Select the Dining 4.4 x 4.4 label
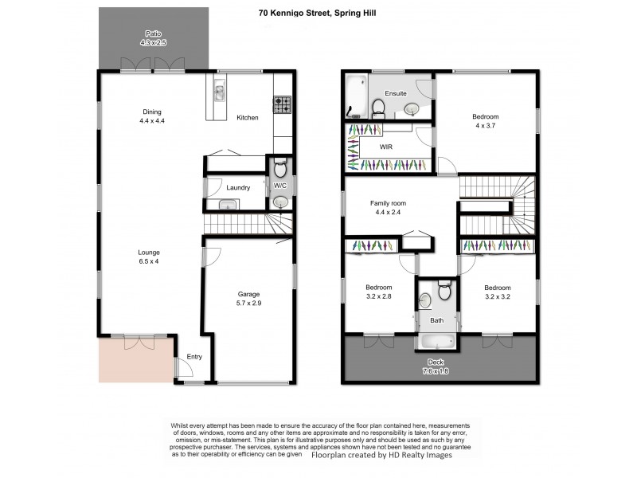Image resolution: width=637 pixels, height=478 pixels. (151, 116)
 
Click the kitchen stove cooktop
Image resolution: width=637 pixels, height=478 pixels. (283, 102)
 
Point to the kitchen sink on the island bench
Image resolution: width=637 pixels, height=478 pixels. (218, 95)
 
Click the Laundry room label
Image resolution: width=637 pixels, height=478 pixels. (238, 188)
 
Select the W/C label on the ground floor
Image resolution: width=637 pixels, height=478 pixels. (279, 186)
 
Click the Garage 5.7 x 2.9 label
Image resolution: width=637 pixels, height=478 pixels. (248, 298)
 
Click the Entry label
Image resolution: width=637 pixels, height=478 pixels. (193, 357)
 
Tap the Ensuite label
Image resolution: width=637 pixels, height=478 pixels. (396, 94)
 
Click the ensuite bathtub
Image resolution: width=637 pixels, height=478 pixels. (354, 96)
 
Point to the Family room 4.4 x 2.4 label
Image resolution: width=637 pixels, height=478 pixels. (388, 208)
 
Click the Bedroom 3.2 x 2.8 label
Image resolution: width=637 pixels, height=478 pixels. (378, 292)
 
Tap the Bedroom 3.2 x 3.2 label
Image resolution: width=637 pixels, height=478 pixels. (497, 292)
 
